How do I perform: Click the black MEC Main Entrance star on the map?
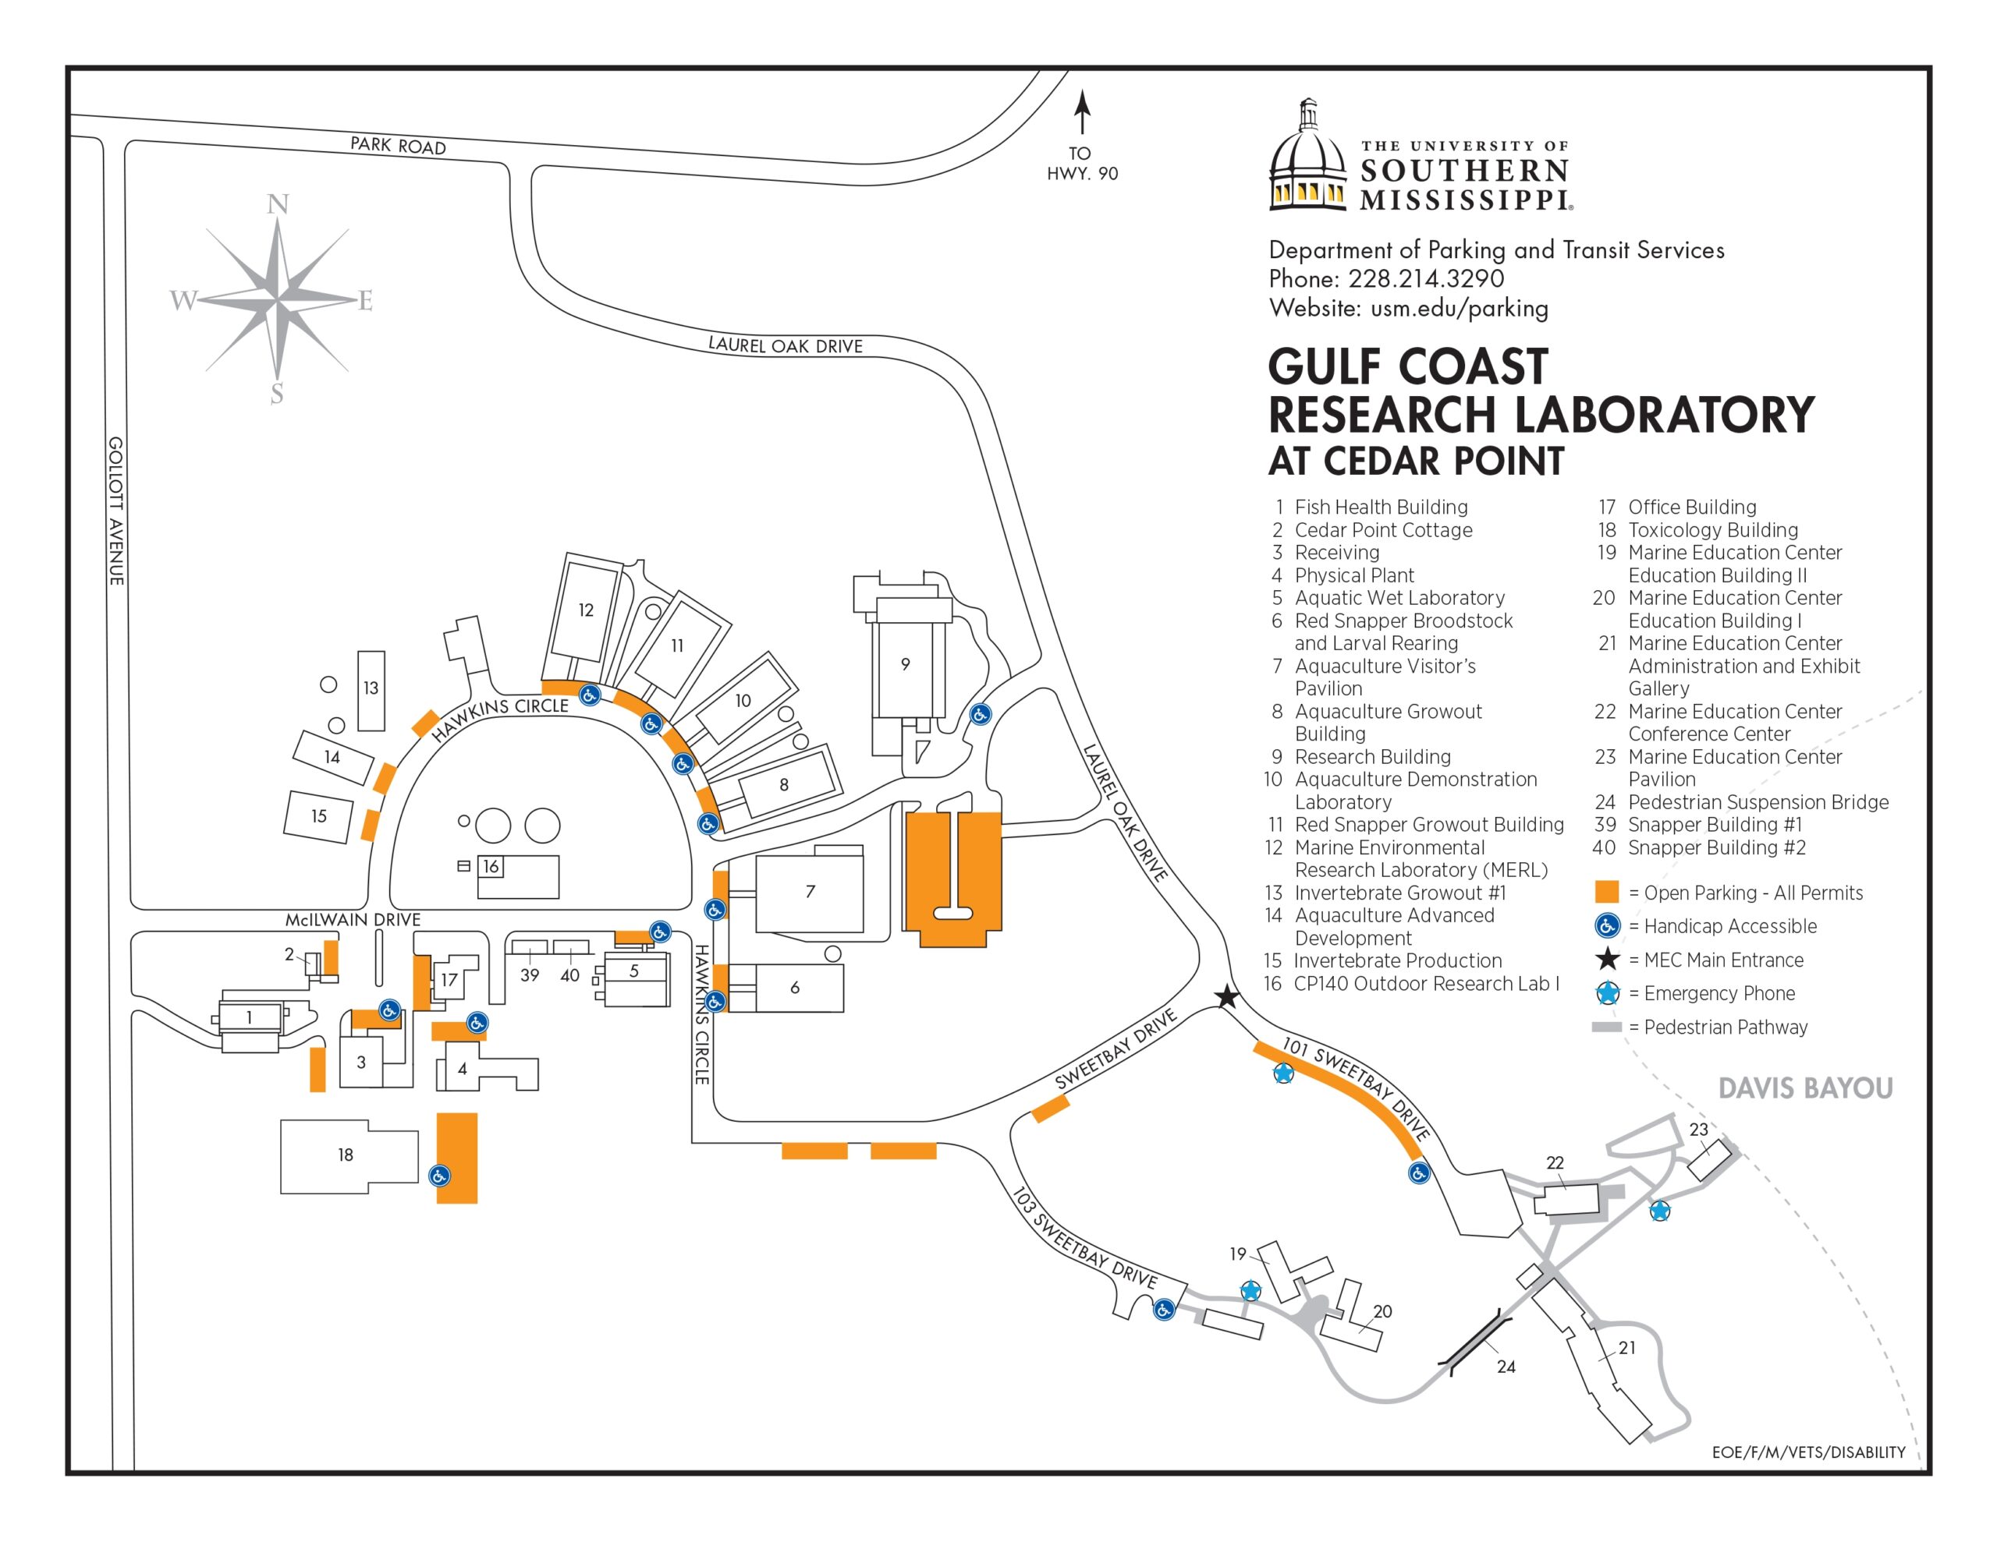[x=1227, y=997]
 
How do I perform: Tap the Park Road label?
[x=398, y=145]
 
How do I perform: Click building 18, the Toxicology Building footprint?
[x=346, y=1155]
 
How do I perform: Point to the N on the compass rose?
[x=278, y=205]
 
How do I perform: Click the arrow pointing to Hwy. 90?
[x=1083, y=115]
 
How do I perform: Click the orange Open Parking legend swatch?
[x=1606, y=892]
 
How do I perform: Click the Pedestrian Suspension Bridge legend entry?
[x=1741, y=802]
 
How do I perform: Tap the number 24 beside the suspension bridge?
[x=1506, y=1367]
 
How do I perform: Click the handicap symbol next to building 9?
[x=981, y=715]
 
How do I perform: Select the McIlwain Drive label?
[x=353, y=920]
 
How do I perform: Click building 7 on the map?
[x=811, y=891]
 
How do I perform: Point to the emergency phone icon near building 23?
[x=1658, y=1212]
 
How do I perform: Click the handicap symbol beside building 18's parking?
[x=440, y=1176]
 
